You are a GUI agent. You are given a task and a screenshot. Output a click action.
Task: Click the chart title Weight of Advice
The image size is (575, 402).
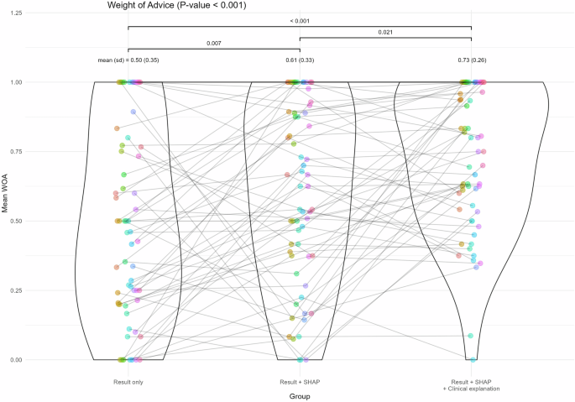pos(180,6)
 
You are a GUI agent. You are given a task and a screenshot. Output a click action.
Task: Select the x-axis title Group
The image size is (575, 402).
pos(300,396)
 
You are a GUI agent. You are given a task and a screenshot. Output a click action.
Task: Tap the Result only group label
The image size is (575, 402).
pos(128,383)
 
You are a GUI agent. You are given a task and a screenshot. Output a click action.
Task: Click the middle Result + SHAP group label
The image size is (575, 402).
pos(300,383)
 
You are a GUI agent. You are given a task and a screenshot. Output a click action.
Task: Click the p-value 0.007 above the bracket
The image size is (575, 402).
pos(214,43)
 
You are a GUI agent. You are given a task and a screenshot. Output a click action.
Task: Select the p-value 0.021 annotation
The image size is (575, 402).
pos(385,33)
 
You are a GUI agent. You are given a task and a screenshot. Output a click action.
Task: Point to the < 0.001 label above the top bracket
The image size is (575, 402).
pos(300,21)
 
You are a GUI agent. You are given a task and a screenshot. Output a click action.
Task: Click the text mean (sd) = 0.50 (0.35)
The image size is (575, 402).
pos(128,60)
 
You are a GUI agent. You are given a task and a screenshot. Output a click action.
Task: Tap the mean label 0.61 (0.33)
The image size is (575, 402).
pos(300,60)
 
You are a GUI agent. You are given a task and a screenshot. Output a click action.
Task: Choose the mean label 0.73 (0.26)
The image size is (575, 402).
pos(472,60)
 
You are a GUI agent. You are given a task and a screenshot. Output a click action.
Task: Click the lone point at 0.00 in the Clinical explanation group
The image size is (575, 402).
pos(473,359)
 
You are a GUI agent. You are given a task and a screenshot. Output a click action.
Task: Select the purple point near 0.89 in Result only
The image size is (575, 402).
pos(133,112)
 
